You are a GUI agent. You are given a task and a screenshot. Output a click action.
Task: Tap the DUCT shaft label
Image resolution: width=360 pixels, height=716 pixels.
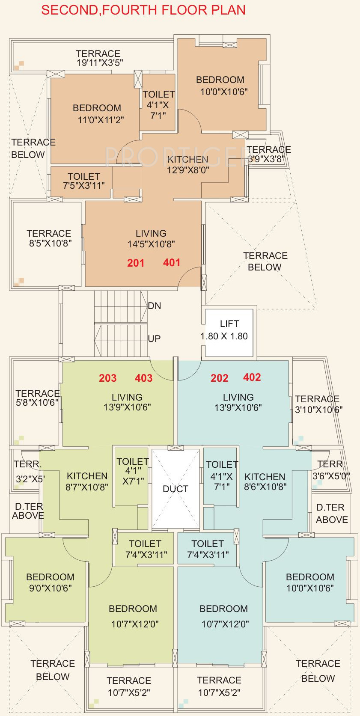point(176,489)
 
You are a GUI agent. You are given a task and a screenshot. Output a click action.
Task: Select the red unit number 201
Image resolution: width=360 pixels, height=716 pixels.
point(136,263)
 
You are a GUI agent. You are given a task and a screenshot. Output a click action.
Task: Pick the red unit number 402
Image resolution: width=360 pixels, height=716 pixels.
point(252,377)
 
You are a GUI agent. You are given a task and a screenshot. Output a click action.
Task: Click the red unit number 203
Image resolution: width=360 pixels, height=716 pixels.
point(107,378)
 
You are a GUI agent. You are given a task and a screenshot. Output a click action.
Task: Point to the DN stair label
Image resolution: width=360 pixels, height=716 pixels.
point(155,306)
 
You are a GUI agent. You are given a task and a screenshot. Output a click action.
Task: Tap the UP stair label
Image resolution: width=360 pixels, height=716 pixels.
point(154,339)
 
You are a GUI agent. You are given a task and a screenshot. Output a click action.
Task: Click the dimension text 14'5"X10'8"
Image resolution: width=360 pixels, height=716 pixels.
point(151,244)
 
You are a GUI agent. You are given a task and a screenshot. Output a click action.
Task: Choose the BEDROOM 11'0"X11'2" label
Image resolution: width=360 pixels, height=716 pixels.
point(97,114)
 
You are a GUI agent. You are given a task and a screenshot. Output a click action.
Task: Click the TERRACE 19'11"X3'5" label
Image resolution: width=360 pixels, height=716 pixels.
point(98,58)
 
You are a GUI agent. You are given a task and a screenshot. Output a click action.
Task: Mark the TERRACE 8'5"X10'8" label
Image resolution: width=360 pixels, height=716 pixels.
point(49,238)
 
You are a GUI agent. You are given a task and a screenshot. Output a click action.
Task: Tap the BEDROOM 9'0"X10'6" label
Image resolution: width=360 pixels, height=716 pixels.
point(50,582)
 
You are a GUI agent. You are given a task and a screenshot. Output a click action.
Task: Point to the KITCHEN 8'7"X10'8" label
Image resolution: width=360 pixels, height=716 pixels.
point(87,481)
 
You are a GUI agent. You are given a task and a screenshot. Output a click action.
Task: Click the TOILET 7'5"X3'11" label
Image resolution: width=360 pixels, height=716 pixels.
point(84,181)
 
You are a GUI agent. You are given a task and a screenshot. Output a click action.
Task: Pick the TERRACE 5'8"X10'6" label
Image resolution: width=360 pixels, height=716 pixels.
point(37,398)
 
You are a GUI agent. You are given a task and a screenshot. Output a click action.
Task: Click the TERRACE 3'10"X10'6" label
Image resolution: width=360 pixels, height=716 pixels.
point(318,404)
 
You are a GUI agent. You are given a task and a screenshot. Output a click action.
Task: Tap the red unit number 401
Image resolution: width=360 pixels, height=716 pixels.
point(172,263)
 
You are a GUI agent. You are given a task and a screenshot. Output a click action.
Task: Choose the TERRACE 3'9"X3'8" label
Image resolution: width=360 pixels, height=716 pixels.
point(268,154)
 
